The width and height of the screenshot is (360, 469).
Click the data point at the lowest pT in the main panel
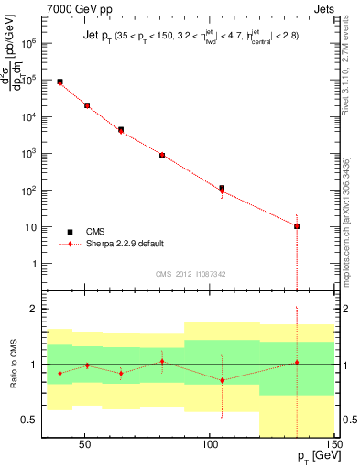(x=60, y=82)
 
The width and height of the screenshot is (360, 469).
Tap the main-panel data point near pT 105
(x=222, y=188)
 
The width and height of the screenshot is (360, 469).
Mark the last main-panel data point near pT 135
(x=297, y=225)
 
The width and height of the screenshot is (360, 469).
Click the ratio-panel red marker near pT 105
(x=222, y=380)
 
